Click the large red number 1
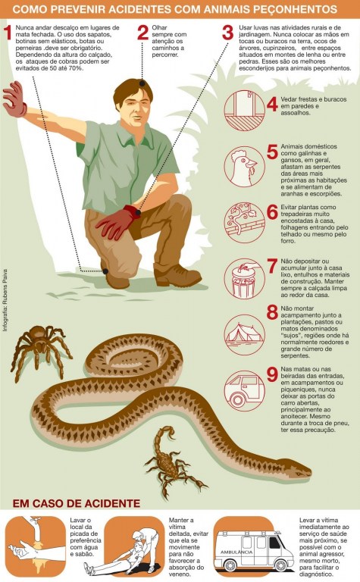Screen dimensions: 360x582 point(8,33)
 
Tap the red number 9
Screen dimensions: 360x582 point(272,374)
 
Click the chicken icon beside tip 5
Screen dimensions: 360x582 point(245,167)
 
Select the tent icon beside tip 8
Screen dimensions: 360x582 point(245,335)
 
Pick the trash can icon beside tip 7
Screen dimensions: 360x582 point(245,279)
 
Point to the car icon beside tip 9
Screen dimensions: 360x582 point(245,391)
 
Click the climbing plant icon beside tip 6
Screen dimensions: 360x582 point(245,222)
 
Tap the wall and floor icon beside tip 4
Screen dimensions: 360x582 point(245,110)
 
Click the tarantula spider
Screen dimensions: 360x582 point(40,350)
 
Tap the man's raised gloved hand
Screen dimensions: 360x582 point(15,99)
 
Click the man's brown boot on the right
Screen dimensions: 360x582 point(177,274)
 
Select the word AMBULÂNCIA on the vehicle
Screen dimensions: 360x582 point(236,552)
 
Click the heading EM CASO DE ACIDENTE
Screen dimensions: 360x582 point(77,503)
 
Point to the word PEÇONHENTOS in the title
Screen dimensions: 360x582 point(293,9)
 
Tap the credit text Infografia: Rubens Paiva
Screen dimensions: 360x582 point(5,300)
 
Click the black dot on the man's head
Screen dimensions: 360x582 point(142,83)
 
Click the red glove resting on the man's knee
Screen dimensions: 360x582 point(117,222)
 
